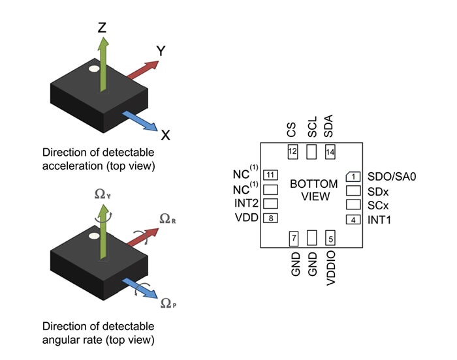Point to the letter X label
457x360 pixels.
[x=165, y=135]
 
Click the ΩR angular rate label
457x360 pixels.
[x=167, y=220]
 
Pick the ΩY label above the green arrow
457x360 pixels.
[x=102, y=194]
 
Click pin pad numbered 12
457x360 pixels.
[x=292, y=152]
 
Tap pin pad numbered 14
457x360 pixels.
[x=329, y=152]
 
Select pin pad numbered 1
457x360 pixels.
[x=353, y=176]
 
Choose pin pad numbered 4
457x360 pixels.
[x=353, y=220]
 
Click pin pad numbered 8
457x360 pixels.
[x=270, y=218]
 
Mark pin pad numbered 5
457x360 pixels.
[x=329, y=239]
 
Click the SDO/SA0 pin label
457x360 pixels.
[x=392, y=176]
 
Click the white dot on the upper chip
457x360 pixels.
[x=93, y=68]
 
